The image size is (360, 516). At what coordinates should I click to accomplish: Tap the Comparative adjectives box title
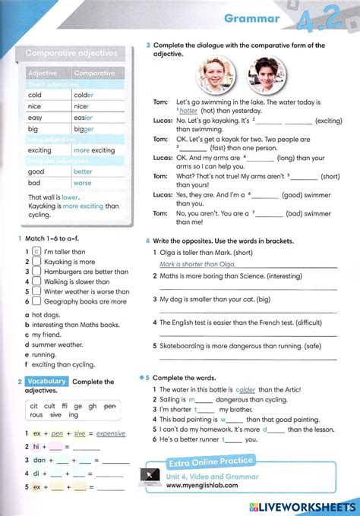click(x=72, y=53)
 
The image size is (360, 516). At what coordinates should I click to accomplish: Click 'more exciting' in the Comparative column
click(x=94, y=150)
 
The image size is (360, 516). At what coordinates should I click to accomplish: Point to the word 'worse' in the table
click(x=82, y=183)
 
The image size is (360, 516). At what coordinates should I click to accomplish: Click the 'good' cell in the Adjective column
click(x=36, y=171)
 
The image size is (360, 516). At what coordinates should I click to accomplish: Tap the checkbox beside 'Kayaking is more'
click(x=36, y=262)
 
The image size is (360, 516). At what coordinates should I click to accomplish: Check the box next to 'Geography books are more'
click(x=36, y=301)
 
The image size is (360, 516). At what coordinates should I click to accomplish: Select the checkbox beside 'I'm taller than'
click(x=36, y=252)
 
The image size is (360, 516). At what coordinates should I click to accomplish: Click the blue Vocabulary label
click(x=46, y=381)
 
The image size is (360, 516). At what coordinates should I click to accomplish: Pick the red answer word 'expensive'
click(x=111, y=434)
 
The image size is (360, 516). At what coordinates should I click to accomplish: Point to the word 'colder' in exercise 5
click(x=245, y=389)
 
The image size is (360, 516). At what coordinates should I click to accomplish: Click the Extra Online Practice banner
click(x=210, y=461)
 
